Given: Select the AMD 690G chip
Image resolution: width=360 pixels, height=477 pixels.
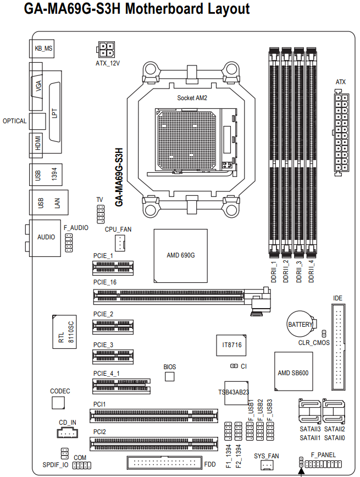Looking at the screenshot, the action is click(180, 256).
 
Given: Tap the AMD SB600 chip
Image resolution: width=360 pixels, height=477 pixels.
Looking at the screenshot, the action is click(293, 371).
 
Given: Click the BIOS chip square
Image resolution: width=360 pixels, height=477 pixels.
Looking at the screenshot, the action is click(169, 377).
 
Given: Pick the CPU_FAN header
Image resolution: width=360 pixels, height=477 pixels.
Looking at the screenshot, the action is click(120, 243).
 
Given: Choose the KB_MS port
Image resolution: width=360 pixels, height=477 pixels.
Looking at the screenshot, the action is click(42, 48).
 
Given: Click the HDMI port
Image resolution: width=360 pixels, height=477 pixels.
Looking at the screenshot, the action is click(36, 145).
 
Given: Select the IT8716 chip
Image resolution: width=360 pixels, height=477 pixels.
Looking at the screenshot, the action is click(231, 346).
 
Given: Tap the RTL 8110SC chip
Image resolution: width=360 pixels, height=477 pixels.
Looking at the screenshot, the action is click(64, 332).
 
